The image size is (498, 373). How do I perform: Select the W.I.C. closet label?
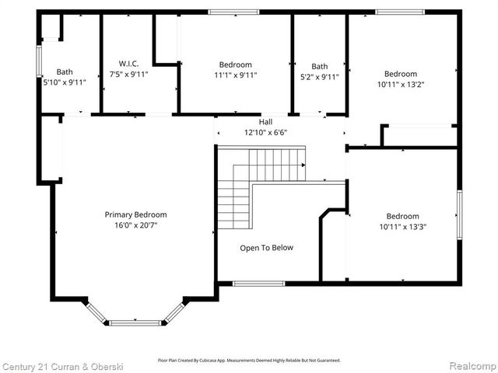coord(128,64)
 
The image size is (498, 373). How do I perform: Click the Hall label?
coord(265,122)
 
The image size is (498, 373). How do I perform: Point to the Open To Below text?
coord(266,248)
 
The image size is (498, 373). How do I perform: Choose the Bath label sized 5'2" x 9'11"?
coord(320,66)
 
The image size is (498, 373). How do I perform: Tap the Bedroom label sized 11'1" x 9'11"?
coord(235,64)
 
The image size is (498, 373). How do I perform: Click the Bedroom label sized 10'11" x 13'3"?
coord(402,216)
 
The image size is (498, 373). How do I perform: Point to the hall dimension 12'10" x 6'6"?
coord(265,132)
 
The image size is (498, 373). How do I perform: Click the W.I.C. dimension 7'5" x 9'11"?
coord(128,75)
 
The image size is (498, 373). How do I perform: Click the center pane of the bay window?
coord(136,322)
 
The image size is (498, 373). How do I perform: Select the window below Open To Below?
coord(258,283)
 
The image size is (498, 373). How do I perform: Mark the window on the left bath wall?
coord(39,61)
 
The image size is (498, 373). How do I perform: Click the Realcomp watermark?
coord(469,365)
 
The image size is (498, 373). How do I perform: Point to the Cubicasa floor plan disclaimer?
coord(249,361)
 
